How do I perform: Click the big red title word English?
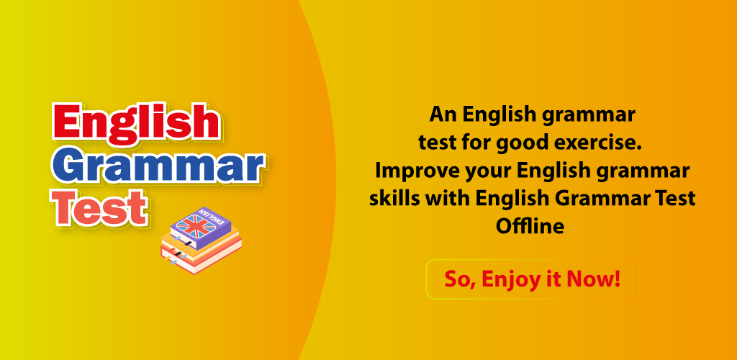[136, 124]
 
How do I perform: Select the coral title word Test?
[101, 207]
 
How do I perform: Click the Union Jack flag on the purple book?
[196, 227]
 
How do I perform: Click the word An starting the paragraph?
[443, 114]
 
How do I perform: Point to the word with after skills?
[448, 198]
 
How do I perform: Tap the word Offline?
[530, 226]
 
